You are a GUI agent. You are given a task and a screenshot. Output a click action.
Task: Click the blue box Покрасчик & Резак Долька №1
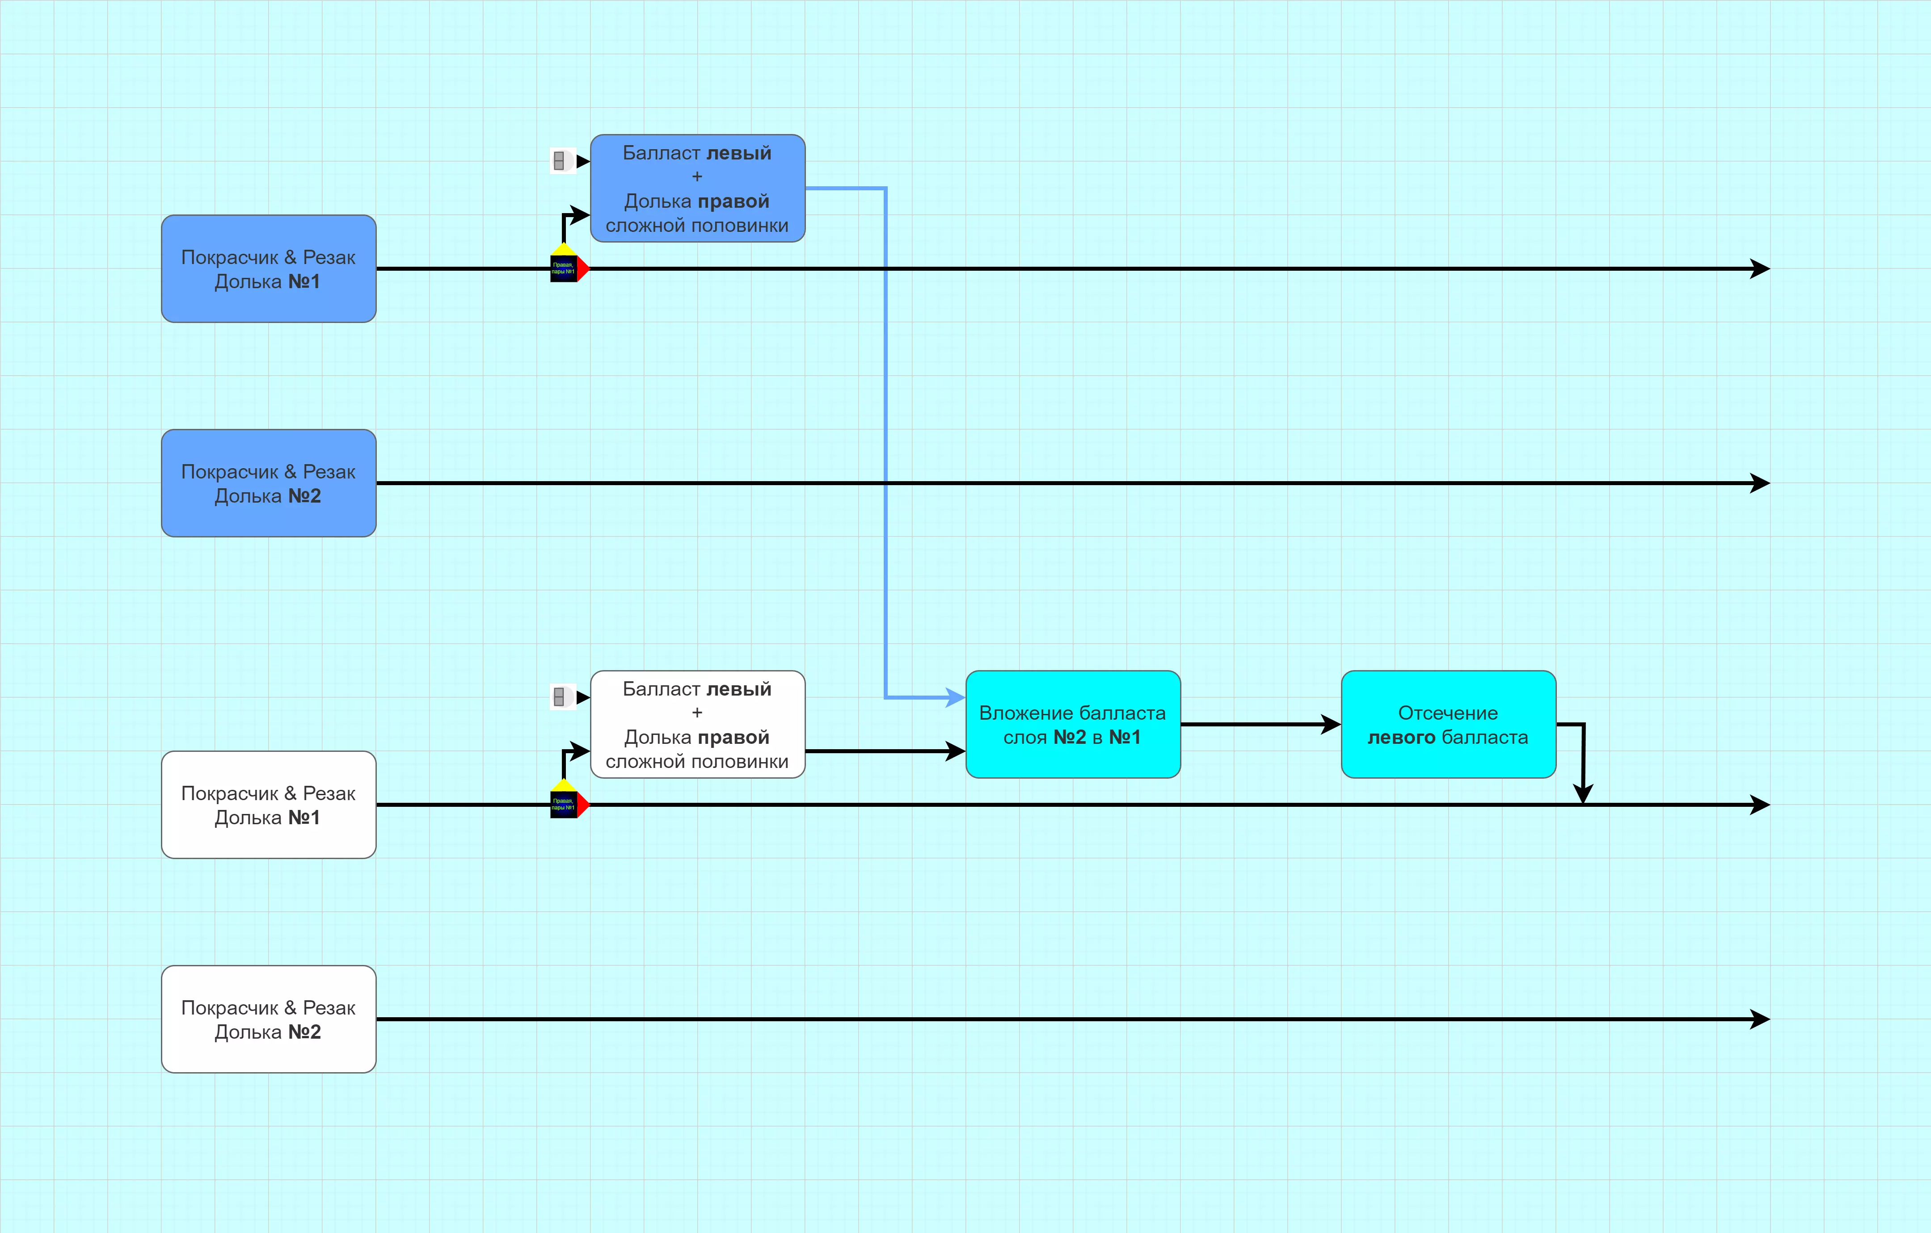coord(269,268)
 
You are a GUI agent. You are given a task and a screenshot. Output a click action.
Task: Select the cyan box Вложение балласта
coord(1072,724)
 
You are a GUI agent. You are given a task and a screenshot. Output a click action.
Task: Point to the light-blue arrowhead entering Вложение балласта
coord(955,697)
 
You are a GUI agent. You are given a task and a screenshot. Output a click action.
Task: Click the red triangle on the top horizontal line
coord(583,268)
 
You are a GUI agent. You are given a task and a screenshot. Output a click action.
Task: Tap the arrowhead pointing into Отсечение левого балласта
coord(1331,724)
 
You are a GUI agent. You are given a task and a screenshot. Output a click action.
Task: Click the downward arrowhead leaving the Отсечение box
coord(1582,794)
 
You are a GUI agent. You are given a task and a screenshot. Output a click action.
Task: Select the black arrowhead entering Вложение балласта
coord(955,751)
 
